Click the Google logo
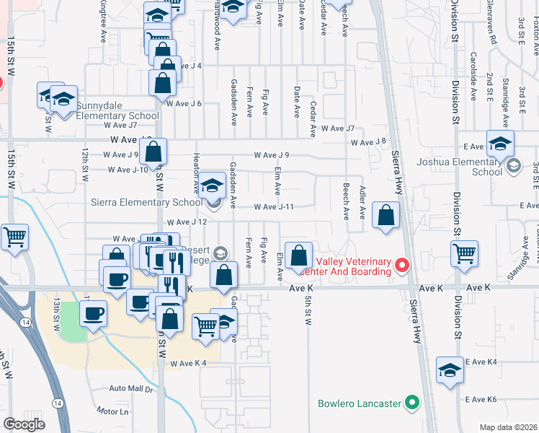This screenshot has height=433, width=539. tap(24, 424)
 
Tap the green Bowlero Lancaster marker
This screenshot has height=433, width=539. tap(412, 401)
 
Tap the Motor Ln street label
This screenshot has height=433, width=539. tap(112, 412)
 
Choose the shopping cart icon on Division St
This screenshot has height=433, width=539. tap(464, 253)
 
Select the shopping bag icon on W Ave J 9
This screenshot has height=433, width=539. tap(153, 152)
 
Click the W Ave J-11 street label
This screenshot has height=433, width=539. tap(274, 206)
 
